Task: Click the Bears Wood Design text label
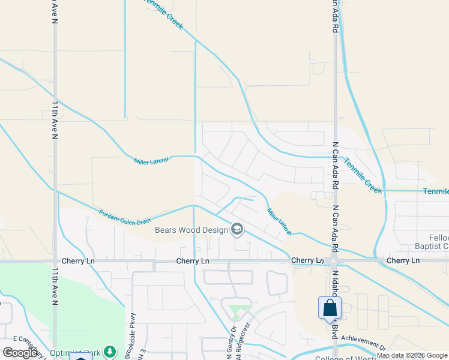coord(191,230)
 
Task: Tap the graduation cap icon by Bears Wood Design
coord(237,229)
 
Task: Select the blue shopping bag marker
coord(330,308)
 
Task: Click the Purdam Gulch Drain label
coord(125,217)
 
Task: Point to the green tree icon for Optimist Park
coord(109,351)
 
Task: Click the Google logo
coord(21,353)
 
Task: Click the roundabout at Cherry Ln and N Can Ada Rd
coord(335,261)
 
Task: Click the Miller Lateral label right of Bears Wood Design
coord(279,221)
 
